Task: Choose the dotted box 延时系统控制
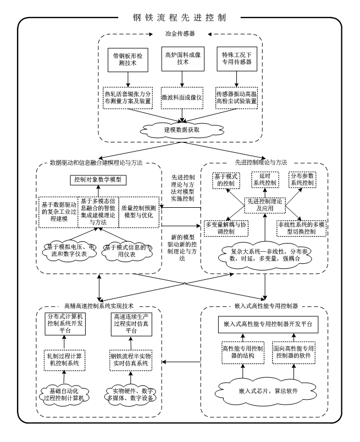[263, 178]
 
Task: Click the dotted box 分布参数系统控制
[306, 178]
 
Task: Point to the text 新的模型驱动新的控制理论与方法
[181, 244]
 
